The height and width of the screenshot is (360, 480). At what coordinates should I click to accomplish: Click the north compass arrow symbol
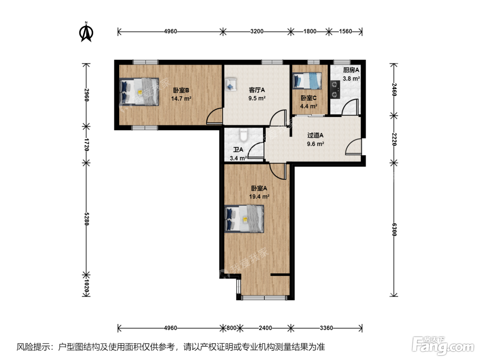pos(86,32)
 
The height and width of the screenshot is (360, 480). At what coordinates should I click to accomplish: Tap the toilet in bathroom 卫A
pos(243,135)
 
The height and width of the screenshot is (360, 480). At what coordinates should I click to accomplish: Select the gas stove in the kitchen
pos(335,89)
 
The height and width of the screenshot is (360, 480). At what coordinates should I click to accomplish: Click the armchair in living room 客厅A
pos(231,84)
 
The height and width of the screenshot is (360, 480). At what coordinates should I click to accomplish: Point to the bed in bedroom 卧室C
pos(307,81)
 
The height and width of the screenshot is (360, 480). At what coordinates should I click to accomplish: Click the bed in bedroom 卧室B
pos(139,92)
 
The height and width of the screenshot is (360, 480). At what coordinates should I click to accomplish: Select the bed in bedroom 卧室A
pos(244,219)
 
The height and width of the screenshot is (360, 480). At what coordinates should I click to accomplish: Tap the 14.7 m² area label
pos(181,99)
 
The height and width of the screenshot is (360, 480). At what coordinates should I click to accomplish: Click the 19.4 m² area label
pos(259,196)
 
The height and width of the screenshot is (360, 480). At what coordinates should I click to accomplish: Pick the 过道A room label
pos(315,135)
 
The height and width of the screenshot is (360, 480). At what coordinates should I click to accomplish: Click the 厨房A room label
pos(351,70)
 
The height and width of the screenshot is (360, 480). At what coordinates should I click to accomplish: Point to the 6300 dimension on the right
pos(394,229)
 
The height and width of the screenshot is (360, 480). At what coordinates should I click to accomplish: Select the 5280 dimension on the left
pos(86,219)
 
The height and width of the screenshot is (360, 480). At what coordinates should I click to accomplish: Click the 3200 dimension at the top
pos(257,31)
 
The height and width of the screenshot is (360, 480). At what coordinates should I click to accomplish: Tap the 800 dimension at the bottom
pos(231,328)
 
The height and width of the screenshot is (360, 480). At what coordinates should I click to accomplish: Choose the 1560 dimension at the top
pos(346,31)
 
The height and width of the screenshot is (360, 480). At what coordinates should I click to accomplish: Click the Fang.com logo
pos(443,345)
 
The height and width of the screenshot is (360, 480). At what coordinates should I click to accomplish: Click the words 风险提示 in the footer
pos(33,347)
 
